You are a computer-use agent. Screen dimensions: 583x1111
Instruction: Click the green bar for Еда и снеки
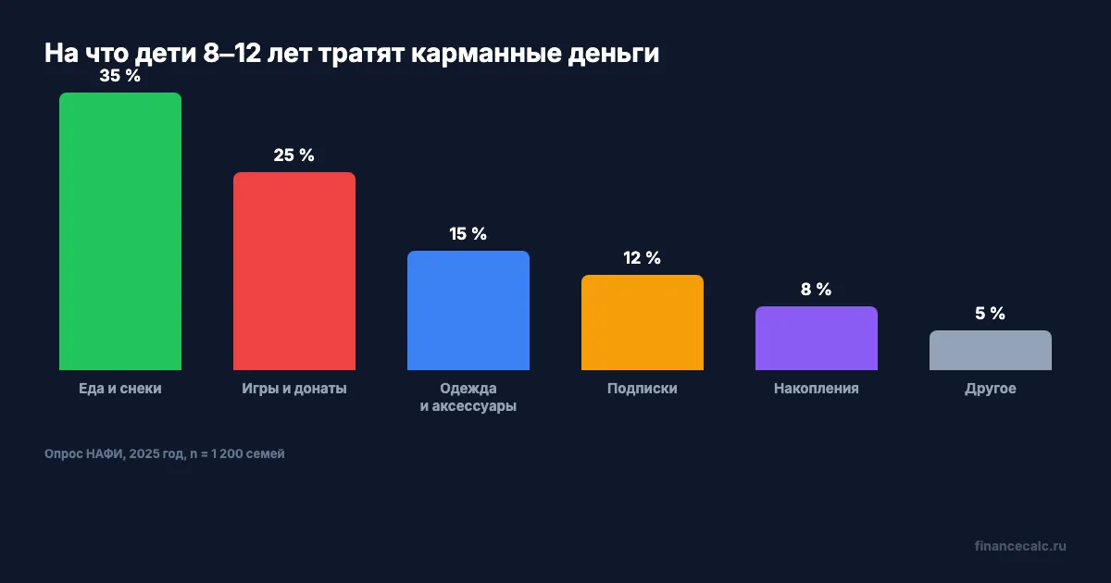point(120,231)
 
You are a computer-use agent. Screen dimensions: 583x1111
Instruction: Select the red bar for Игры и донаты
point(294,271)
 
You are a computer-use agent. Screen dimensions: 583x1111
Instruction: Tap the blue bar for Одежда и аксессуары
point(468,311)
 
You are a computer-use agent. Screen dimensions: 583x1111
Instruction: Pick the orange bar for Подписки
point(643,323)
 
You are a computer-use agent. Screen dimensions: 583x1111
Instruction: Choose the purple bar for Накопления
point(817,339)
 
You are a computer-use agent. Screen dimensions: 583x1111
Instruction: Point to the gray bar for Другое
point(991,351)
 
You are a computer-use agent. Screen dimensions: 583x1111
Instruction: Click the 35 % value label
point(120,77)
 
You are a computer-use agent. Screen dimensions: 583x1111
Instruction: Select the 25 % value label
point(294,155)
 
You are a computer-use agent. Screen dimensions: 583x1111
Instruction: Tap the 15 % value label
point(468,234)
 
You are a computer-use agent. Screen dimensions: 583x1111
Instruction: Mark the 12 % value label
point(643,258)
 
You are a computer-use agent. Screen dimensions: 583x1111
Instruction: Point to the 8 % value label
point(817,290)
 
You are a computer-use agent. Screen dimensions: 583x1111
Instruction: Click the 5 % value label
point(991,314)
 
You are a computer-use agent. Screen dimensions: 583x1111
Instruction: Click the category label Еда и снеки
point(120,389)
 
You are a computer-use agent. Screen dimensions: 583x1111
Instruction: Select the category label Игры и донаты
point(294,389)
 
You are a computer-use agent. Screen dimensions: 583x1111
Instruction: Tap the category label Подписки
point(643,389)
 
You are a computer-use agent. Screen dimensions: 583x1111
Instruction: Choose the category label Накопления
point(817,389)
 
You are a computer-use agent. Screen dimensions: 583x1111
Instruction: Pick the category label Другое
point(991,389)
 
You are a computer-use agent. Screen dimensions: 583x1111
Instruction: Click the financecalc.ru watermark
point(1020,546)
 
